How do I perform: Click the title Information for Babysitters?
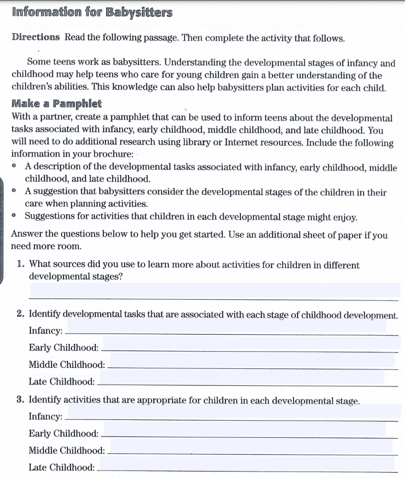pyautogui.click(x=92, y=12)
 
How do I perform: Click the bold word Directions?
pyautogui.click(x=35, y=37)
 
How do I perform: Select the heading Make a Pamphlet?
pyautogui.click(x=56, y=103)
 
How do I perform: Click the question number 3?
pyautogui.click(x=21, y=400)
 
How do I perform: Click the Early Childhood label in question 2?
pyautogui.click(x=63, y=348)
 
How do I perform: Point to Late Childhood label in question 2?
pyautogui.click(x=62, y=382)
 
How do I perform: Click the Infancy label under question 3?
pyautogui.click(x=46, y=416)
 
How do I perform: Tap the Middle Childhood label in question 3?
pyautogui.click(x=67, y=450)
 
